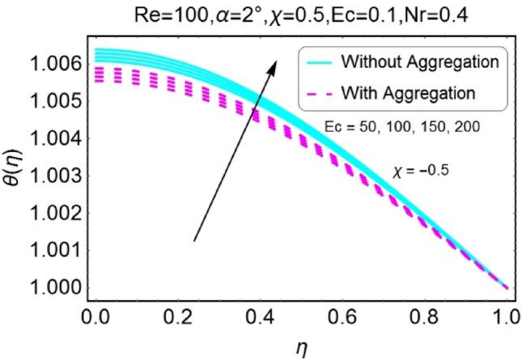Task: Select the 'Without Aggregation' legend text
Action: point(420,61)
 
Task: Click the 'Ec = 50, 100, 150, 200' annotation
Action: point(406,129)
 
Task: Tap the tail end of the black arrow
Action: point(193,240)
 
